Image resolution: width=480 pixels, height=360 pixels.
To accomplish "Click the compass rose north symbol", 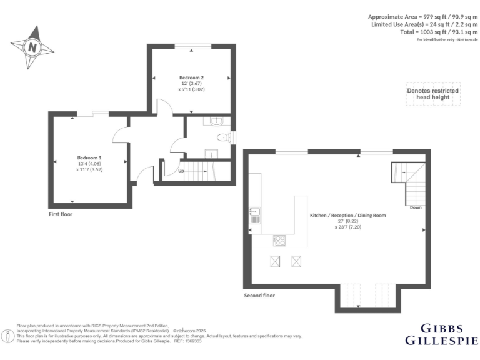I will click(31, 47).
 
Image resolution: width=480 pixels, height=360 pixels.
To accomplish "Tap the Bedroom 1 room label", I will click(89, 157).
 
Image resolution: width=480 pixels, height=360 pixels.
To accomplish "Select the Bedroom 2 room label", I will click(191, 77).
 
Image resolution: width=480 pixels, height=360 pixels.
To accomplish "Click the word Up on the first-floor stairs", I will click(181, 171).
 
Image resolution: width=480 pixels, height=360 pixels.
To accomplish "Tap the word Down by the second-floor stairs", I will click(416, 207).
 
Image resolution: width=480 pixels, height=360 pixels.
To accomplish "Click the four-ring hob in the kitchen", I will click(279, 240).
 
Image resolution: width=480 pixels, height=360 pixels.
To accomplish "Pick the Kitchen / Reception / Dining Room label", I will click(348, 215).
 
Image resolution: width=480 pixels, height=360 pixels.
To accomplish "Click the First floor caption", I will click(65, 214).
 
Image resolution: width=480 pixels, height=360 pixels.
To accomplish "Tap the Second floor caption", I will click(259, 295).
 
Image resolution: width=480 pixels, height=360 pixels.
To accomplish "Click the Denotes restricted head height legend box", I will click(432, 94).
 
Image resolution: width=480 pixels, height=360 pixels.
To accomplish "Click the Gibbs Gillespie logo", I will click(441, 334).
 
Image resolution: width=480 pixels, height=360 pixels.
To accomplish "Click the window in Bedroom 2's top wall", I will click(191, 46).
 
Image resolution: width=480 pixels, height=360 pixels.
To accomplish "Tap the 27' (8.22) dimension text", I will click(348, 221).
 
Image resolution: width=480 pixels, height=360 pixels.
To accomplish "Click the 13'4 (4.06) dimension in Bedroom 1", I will click(89, 164).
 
